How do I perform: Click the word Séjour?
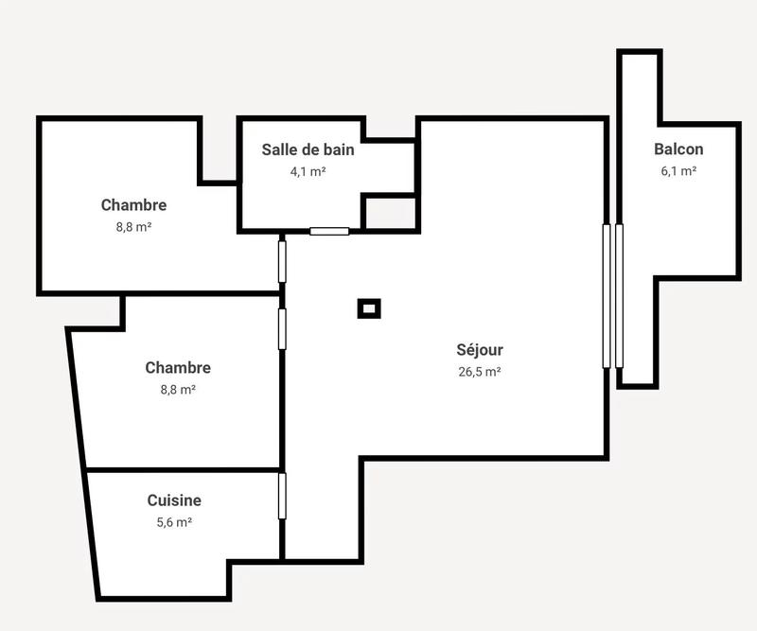(x=480, y=350)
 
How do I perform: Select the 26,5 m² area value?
(x=480, y=372)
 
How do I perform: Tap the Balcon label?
(x=678, y=149)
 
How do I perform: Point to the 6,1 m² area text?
(x=678, y=171)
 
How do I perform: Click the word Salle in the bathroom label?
(x=280, y=149)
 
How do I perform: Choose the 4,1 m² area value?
(x=308, y=172)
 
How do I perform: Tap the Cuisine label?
(x=174, y=500)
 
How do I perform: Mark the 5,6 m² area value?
(x=174, y=522)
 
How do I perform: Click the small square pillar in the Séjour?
(x=369, y=307)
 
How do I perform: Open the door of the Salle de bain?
(x=329, y=231)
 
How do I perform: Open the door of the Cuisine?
(x=282, y=496)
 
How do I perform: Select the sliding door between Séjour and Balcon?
(x=613, y=295)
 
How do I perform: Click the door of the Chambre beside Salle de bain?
(x=282, y=261)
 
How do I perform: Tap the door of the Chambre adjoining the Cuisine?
(x=282, y=328)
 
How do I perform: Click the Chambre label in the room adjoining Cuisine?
(x=178, y=368)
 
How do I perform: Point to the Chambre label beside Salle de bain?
(x=133, y=205)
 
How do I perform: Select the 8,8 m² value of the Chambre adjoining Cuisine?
(x=178, y=390)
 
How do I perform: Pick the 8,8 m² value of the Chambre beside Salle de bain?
(x=133, y=227)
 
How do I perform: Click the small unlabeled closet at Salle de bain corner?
(x=389, y=213)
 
